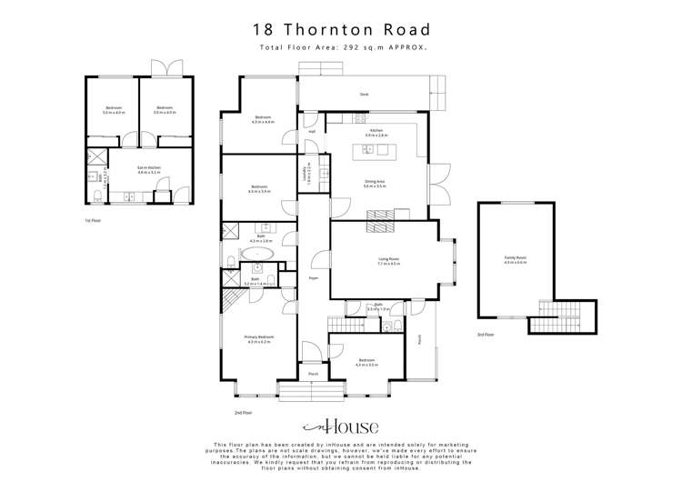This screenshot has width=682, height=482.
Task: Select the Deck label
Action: click(x=363, y=94)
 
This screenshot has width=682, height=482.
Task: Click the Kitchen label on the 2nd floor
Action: click(x=370, y=130)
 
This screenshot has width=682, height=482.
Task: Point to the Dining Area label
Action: click(x=376, y=182)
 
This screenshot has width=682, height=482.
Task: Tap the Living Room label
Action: click(x=389, y=259)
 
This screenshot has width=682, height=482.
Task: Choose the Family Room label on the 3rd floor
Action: click(x=516, y=258)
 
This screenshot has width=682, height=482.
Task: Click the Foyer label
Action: click(x=313, y=277)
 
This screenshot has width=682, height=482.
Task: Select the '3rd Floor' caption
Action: click(x=486, y=335)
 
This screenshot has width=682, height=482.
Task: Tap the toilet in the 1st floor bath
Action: click(x=97, y=196)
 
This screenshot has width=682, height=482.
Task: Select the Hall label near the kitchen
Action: click(x=311, y=132)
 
